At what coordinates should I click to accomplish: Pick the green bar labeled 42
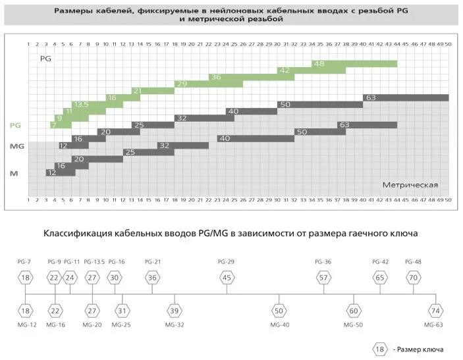click(x=303, y=70)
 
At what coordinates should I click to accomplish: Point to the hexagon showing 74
click(x=435, y=310)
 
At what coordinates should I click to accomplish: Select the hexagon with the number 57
click(x=323, y=278)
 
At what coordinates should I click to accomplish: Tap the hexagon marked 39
click(x=175, y=310)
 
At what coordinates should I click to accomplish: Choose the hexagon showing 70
click(x=413, y=278)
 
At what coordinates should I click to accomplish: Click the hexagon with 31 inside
click(x=122, y=310)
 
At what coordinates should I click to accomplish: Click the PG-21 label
click(x=152, y=262)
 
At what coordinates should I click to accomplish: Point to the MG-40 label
click(x=279, y=324)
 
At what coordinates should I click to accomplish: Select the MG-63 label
click(x=433, y=324)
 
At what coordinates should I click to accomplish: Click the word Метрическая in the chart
click(x=410, y=185)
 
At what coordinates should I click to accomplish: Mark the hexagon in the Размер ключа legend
click(x=380, y=348)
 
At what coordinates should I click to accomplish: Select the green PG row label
click(x=16, y=125)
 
